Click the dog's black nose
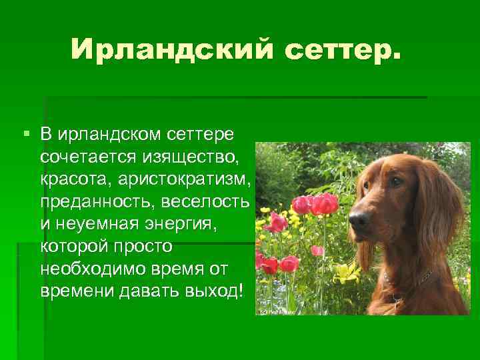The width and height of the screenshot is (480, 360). tap(358, 219)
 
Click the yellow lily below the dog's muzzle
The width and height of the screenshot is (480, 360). tap(346, 271)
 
